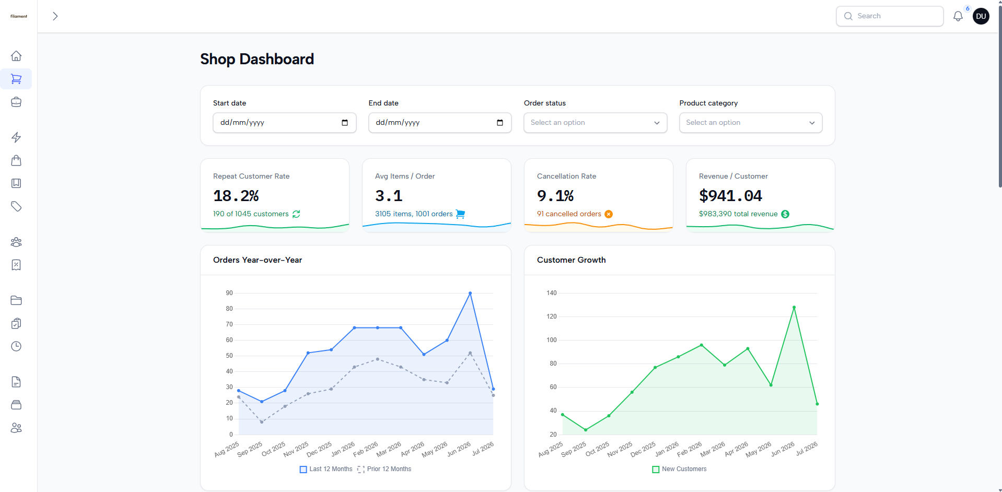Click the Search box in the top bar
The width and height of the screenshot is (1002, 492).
pyautogui.click(x=890, y=16)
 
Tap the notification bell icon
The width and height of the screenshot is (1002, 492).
pyautogui.click(x=958, y=16)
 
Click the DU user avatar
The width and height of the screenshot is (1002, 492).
pyautogui.click(x=981, y=16)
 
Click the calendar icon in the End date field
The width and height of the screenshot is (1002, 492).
pyautogui.click(x=500, y=123)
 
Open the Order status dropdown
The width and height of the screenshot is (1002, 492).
pyautogui.click(x=596, y=123)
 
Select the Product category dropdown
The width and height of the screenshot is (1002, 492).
pyautogui.click(x=751, y=123)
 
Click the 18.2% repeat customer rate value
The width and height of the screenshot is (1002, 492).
pyautogui.click(x=236, y=196)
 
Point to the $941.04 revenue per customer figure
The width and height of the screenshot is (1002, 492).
pyautogui.click(x=730, y=196)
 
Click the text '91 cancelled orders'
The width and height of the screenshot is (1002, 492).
pyautogui.click(x=569, y=214)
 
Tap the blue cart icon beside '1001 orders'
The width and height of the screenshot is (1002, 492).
pyautogui.click(x=460, y=214)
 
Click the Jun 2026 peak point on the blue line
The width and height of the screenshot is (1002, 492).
pyautogui.click(x=470, y=294)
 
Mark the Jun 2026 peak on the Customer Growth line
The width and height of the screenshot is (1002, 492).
pyautogui.click(x=794, y=308)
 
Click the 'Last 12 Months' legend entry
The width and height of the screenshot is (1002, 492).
pyautogui.click(x=326, y=469)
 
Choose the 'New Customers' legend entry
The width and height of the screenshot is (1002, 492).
pyautogui.click(x=679, y=469)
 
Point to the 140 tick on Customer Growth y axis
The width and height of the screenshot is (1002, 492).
pyautogui.click(x=552, y=293)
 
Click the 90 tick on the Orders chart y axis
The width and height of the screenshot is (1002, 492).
pyautogui.click(x=229, y=293)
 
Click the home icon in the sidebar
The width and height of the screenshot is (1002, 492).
pyautogui.click(x=16, y=56)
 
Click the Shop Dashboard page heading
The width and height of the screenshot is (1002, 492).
pyautogui.click(x=257, y=59)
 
